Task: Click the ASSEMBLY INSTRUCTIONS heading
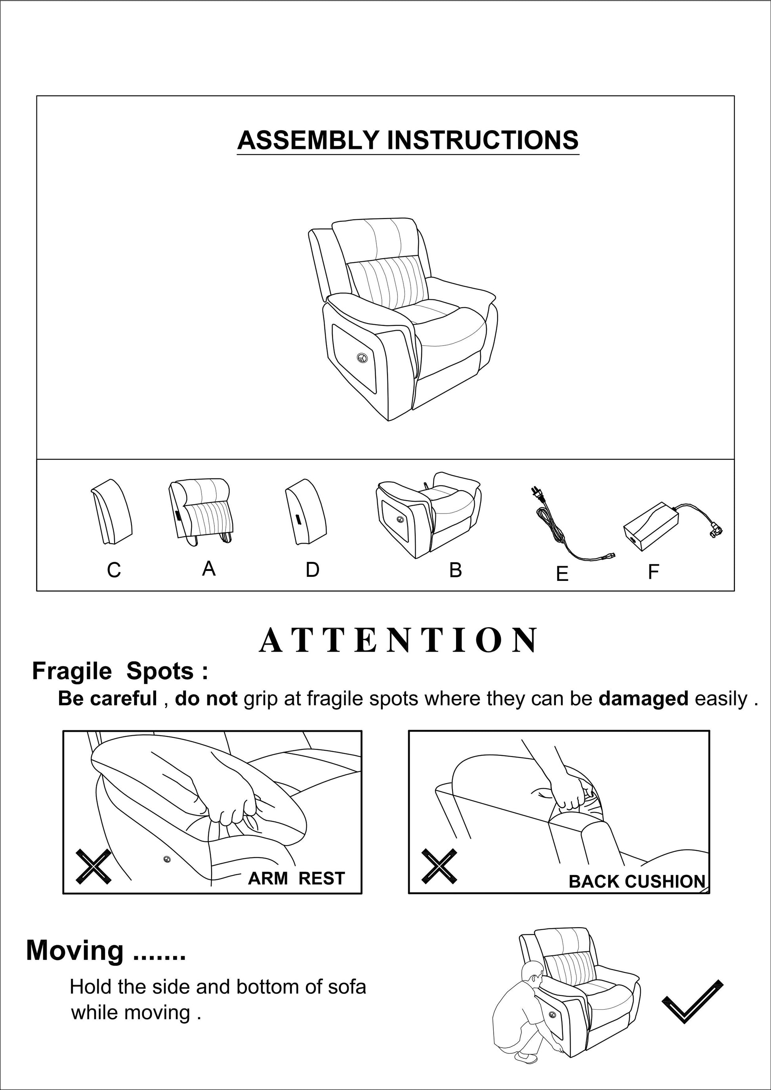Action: pos(408,141)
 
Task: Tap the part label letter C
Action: pos(114,570)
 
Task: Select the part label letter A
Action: pos(208,568)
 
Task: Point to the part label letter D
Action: pos(312,570)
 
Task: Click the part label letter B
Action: pos(455,570)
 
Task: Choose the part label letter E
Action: pos(562,574)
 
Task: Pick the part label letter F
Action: pos(653,572)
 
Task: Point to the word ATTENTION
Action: pos(399,641)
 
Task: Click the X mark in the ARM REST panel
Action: pos(94,866)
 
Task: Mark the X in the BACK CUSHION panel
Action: pos(439,866)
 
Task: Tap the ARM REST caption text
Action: pos(296,879)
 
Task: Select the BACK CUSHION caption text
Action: pos(637,882)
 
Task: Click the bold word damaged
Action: pos(643,699)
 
